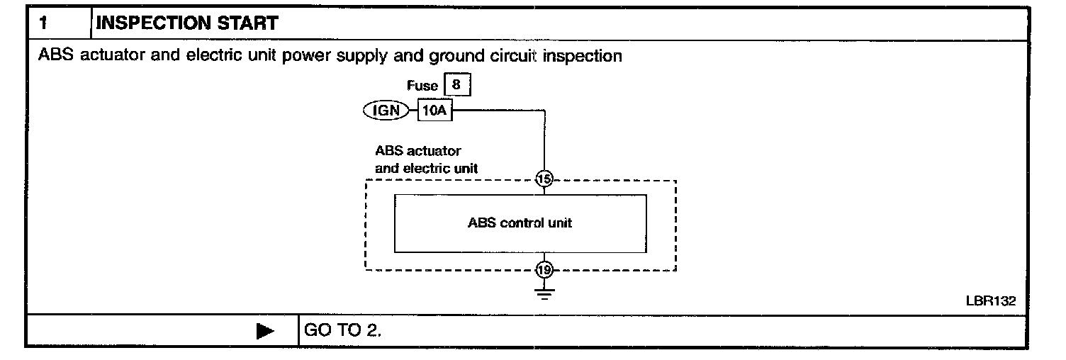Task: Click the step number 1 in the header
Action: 44,23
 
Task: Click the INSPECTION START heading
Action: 187,23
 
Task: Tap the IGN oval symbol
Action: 386,111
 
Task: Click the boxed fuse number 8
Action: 456,85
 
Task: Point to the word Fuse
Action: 422,86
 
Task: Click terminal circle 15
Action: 544,180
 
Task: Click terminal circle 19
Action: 544,270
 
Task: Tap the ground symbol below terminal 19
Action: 544,292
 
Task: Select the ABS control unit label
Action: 520,223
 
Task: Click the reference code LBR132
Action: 991,300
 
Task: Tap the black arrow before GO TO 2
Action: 265,331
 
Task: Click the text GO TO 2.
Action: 342,331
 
